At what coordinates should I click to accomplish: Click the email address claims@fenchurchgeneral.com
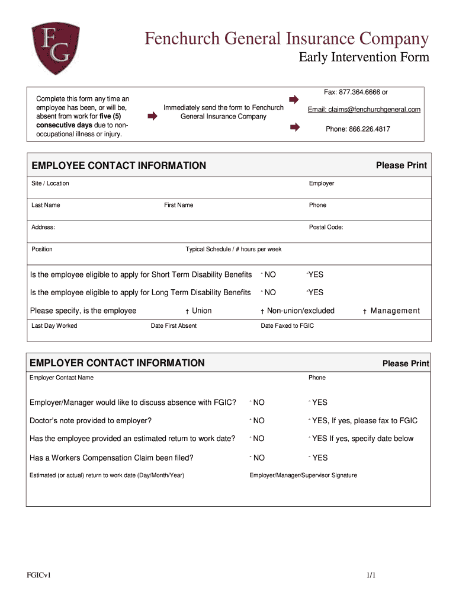pos(364,110)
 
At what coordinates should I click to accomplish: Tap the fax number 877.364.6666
pos(351,92)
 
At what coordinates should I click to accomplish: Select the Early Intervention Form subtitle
pos(363,58)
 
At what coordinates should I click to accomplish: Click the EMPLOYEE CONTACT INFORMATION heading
pos(118,165)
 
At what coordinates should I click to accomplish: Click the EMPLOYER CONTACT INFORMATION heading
pos(117,363)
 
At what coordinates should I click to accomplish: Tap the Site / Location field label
pos(50,183)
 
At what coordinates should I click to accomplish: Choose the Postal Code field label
pos(326,227)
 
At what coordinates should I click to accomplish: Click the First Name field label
pos(178,205)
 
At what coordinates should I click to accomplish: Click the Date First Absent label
pos(174,325)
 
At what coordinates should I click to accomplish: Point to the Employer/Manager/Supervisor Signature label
pos(303,475)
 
